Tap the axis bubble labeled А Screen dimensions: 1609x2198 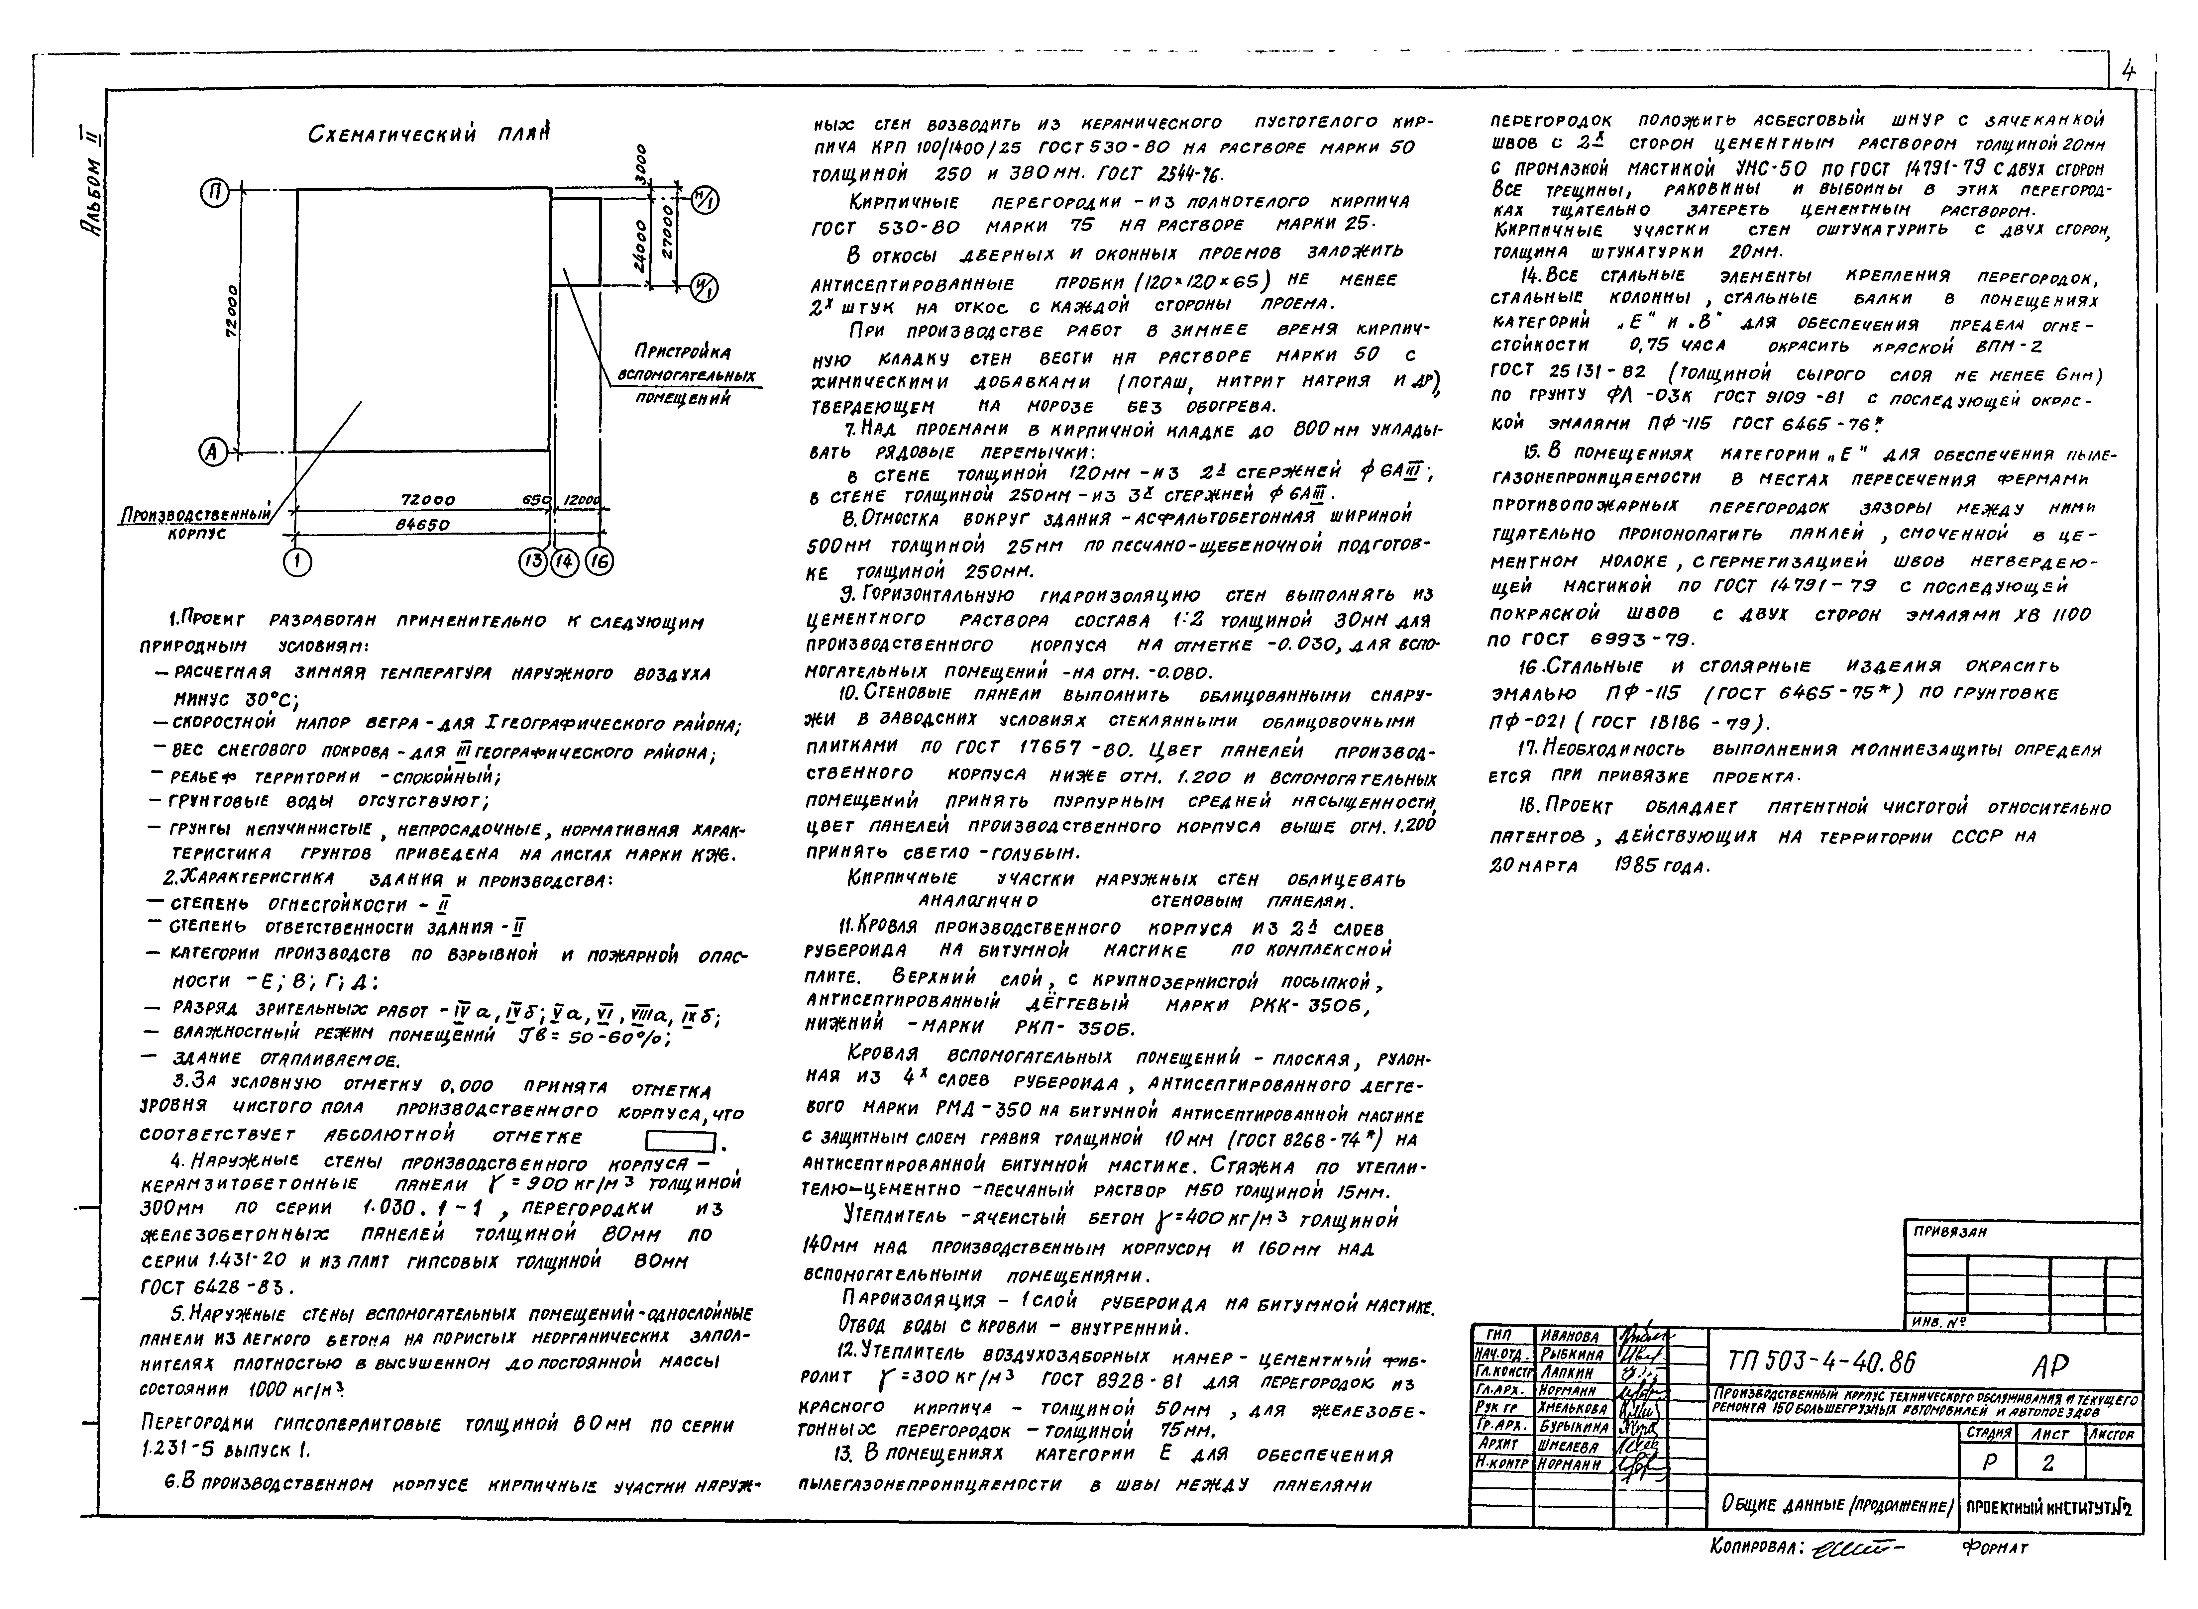coord(211,451)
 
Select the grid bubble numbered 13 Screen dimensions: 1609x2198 coord(533,562)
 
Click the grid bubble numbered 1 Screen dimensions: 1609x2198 coord(297,562)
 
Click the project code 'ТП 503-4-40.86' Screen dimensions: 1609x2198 coord(1820,1361)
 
